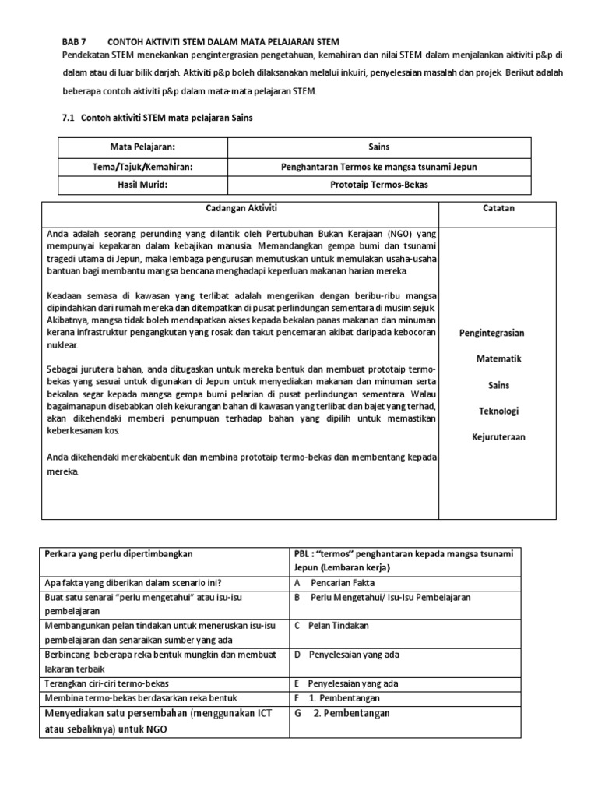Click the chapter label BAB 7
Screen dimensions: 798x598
(x=75, y=41)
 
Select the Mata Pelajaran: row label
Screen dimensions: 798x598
(x=142, y=147)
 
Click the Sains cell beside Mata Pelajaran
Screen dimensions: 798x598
(x=378, y=147)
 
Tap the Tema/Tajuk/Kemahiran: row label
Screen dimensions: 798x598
(x=142, y=166)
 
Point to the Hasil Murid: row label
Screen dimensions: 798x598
(x=142, y=185)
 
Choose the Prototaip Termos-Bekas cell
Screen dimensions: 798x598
(x=378, y=185)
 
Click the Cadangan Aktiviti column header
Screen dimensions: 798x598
(x=240, y=209)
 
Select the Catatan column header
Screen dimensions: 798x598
(x=498, y=209)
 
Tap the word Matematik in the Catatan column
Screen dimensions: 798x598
(x=498, y=358)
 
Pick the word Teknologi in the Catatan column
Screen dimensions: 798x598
(x=498, y=411)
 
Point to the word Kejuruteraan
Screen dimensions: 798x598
(x=498, y=436)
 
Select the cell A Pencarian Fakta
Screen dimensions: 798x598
(x=335, y=582)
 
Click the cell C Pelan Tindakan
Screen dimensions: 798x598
(x=332, y=625)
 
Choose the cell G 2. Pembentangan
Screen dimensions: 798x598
(x=342, y=713)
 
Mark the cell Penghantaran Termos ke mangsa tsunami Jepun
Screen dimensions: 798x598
(x=378, y=166)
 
